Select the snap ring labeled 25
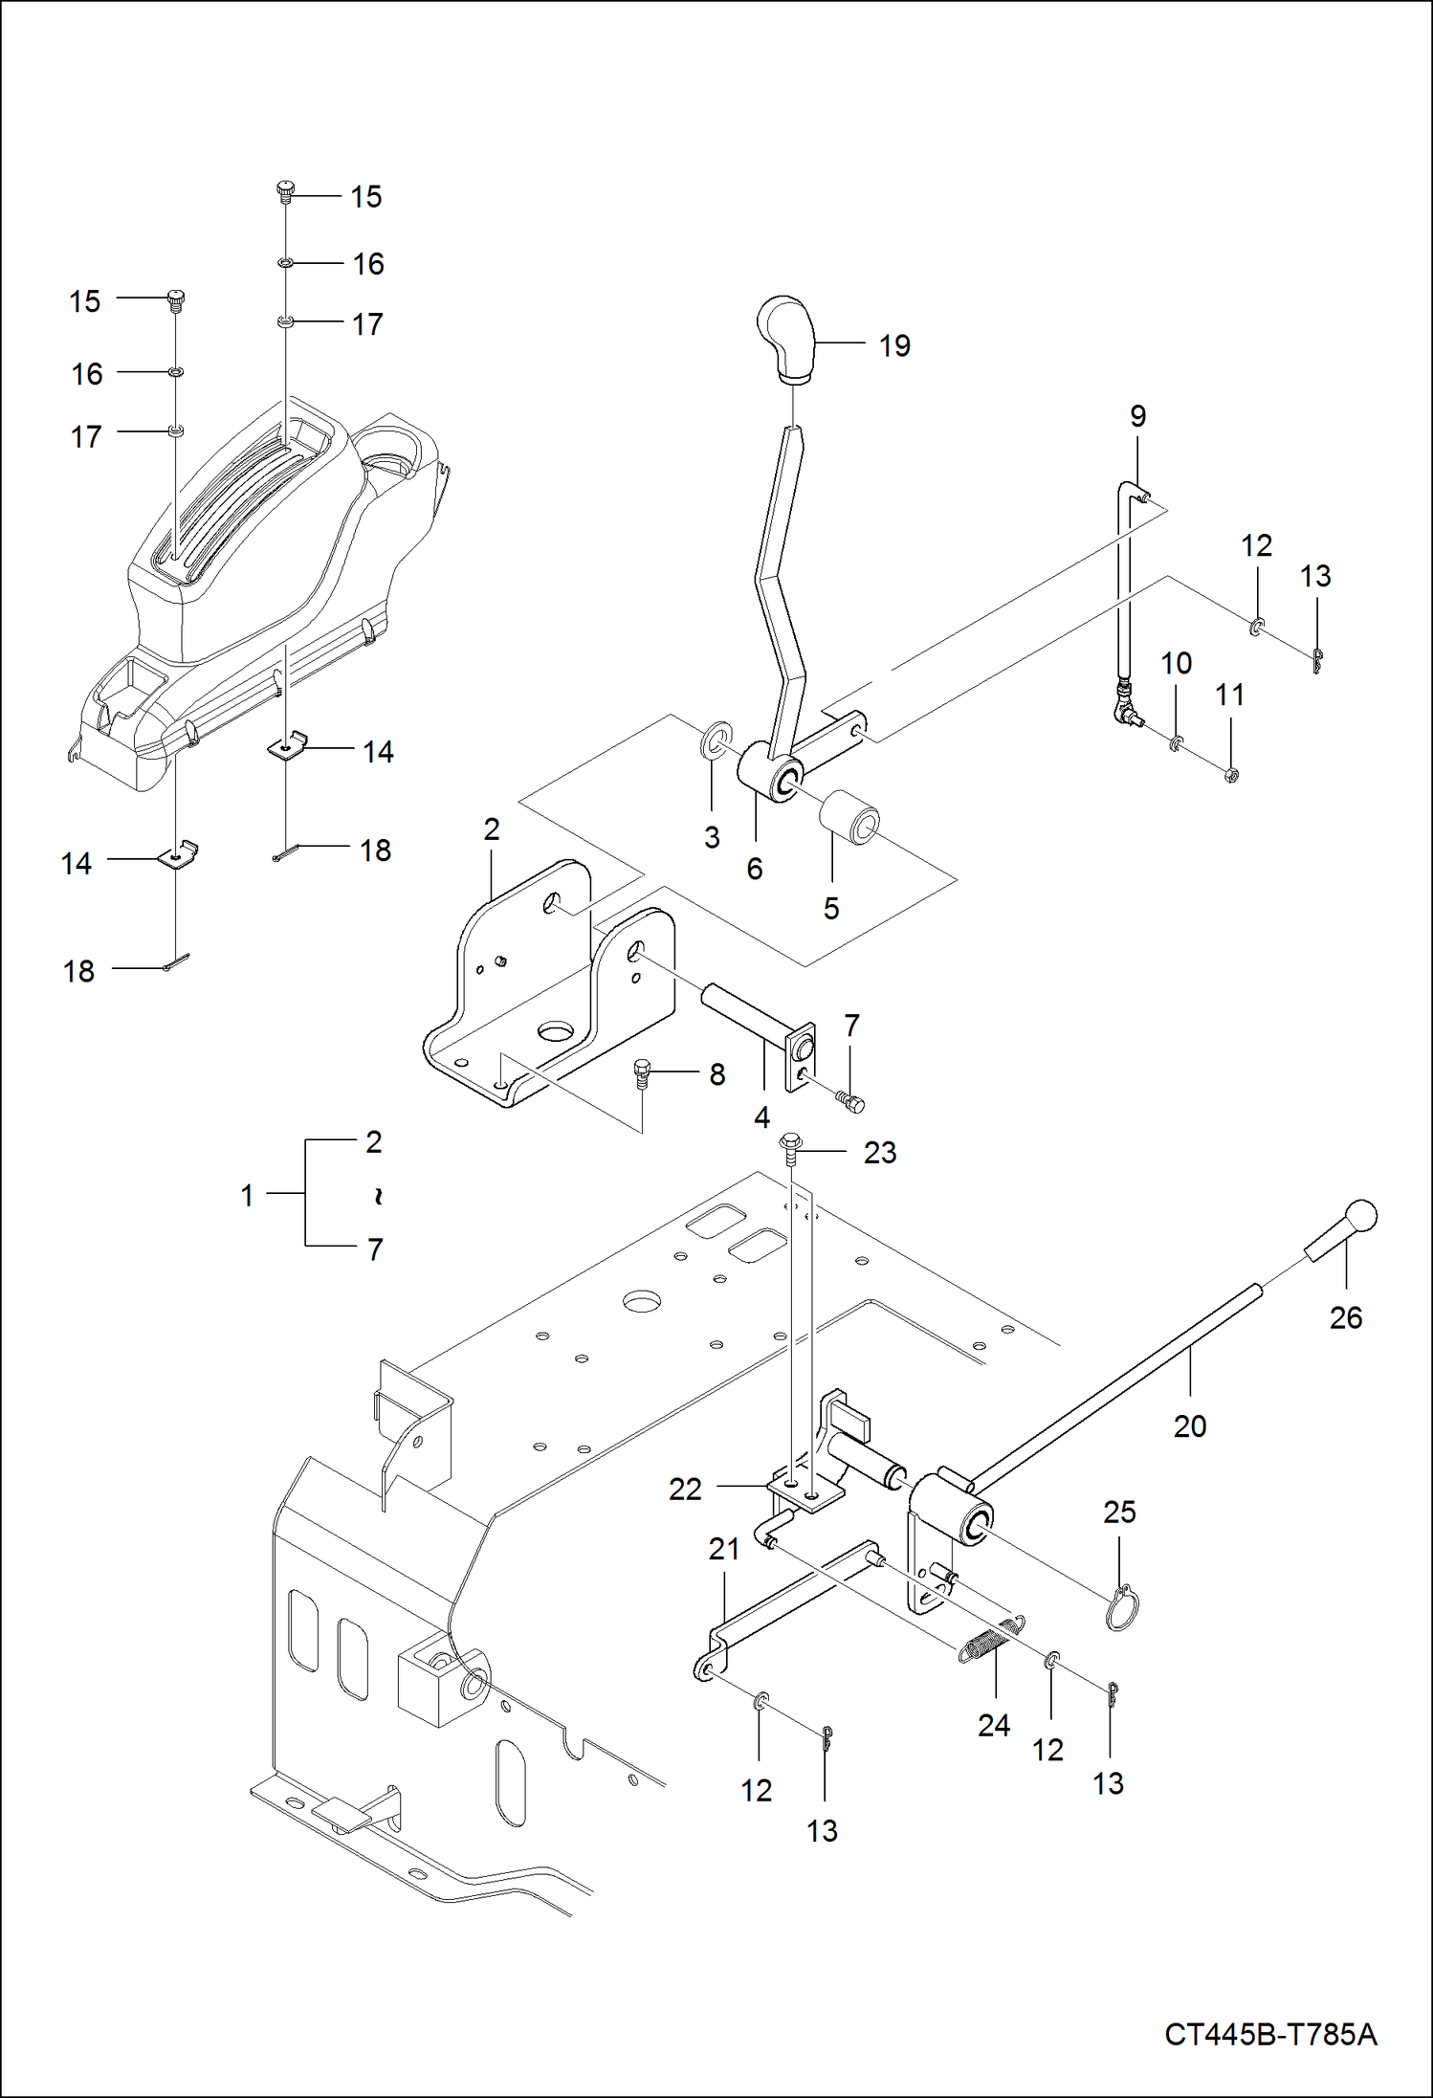[x=1120, y=1609]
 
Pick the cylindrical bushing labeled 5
[x=850, y=817]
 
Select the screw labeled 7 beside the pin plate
[x=849, y=1101]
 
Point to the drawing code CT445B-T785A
[x=1270, y=2034]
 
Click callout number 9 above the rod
[x=1137, y=416]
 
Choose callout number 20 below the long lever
[x=1190, y=1426]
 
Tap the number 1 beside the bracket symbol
[x=247, y=1195]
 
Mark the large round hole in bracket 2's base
[x=556, y=1031]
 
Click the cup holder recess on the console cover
[x=389, y=455]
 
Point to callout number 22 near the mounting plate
[x=685, y=1489]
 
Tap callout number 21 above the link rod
[x=724, y=1549]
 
